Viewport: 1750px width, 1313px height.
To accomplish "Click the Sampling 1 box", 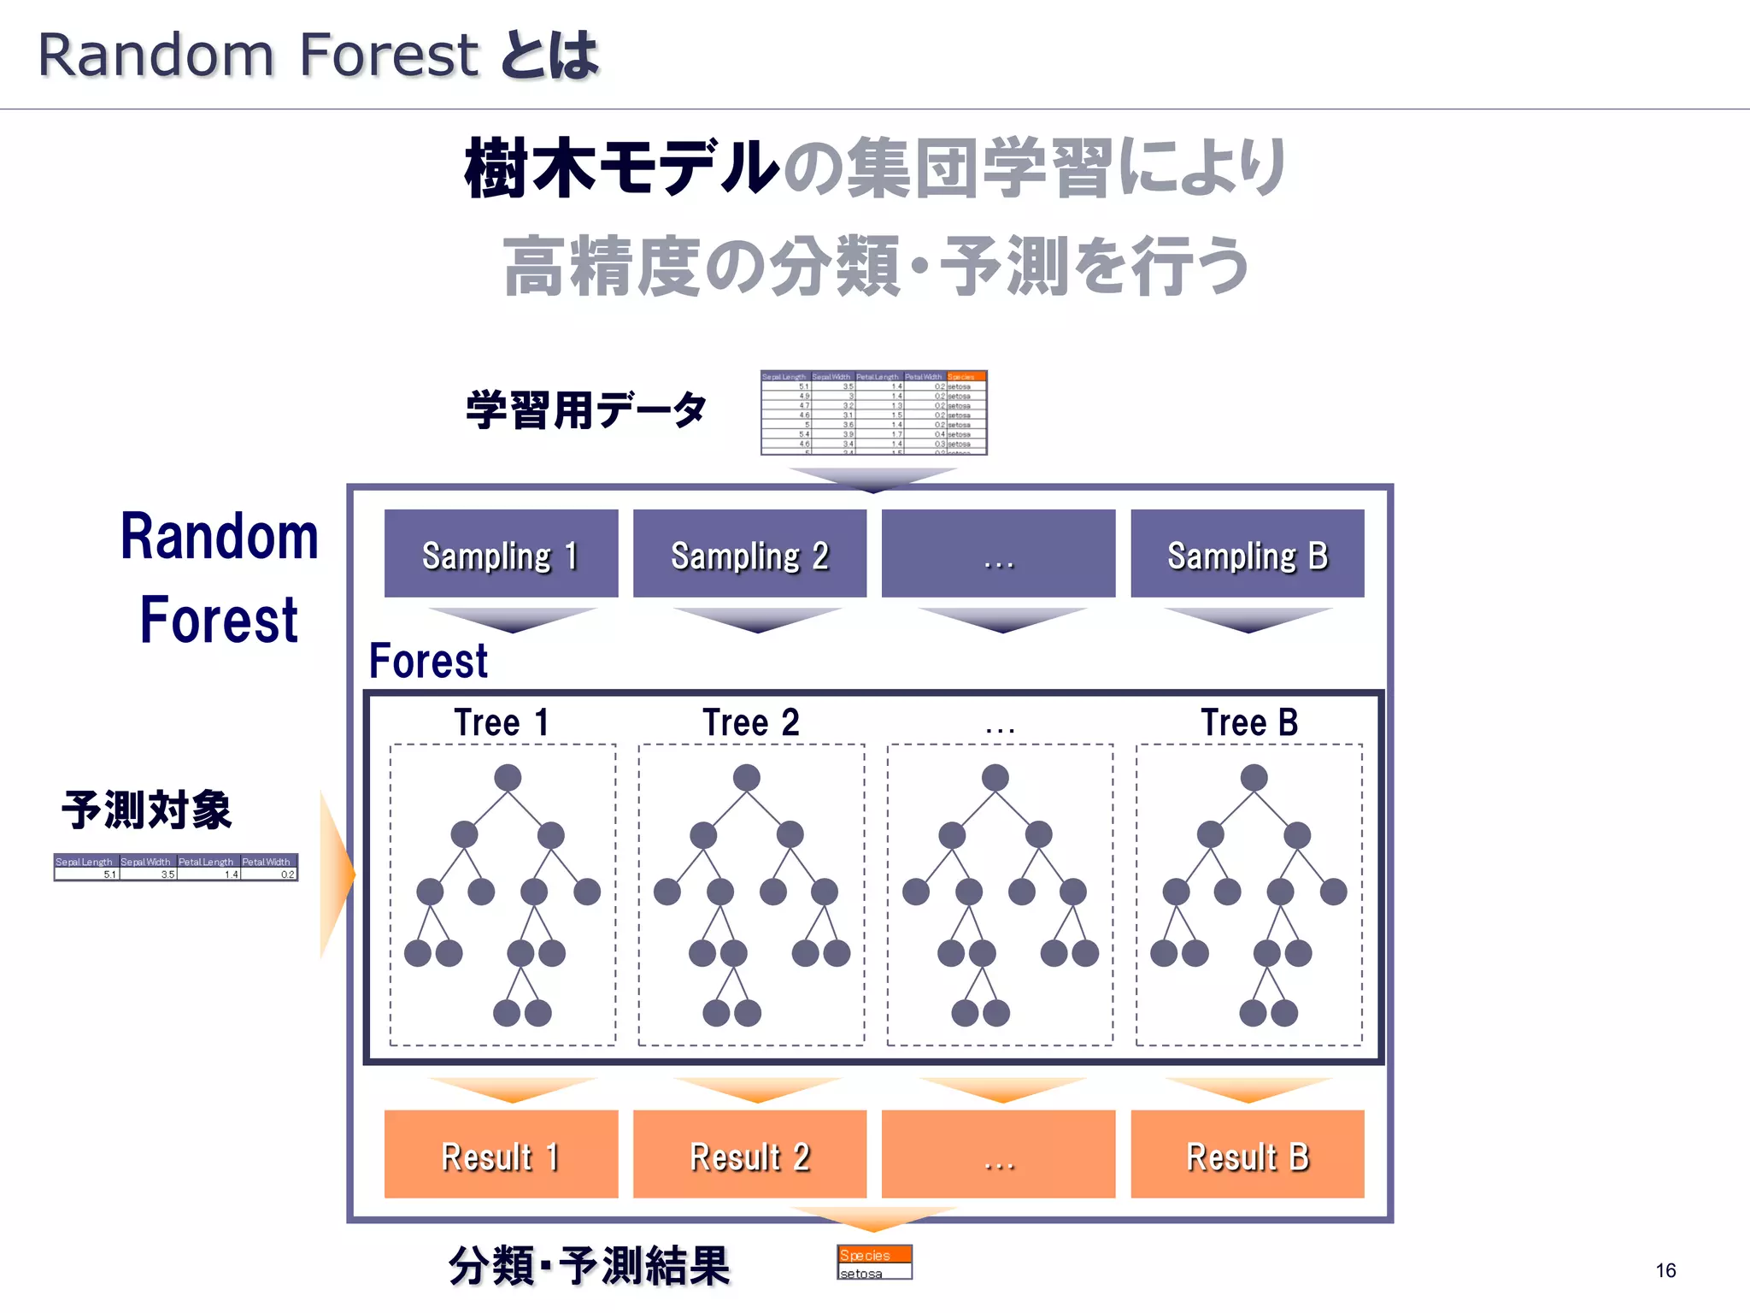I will point(501,553).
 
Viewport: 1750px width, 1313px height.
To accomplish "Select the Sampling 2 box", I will point(749,553).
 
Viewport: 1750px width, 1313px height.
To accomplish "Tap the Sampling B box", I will point(1247,553).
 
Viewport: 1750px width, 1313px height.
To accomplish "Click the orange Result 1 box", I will point(501,1154).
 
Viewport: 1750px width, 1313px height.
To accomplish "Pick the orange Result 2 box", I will point(749,1154).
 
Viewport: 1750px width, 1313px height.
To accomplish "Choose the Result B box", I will point(1247,1154).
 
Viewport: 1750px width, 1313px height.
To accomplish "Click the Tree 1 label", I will point(502,723).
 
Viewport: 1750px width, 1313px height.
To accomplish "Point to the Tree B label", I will point(1248,723).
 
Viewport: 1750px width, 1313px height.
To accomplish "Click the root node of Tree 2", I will point(746,777).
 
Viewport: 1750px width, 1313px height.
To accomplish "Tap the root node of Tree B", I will point(1254,777).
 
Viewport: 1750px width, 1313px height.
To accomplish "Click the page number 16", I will point(1665,1270).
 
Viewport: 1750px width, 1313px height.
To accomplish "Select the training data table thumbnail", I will point(873,413).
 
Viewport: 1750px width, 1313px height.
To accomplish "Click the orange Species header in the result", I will point(873,1254).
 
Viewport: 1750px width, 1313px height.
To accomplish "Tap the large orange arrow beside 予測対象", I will point(335,874).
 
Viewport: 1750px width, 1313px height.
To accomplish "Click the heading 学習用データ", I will point(586,410).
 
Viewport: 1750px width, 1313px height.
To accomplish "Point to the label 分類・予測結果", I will point(589,1266).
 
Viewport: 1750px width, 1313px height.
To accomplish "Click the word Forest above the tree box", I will point(428,661).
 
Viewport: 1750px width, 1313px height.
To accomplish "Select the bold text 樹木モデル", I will point(622,168).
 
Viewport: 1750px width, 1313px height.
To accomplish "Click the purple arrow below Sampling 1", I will point(512,619).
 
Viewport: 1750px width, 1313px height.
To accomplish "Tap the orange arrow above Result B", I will point(1248,1089).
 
